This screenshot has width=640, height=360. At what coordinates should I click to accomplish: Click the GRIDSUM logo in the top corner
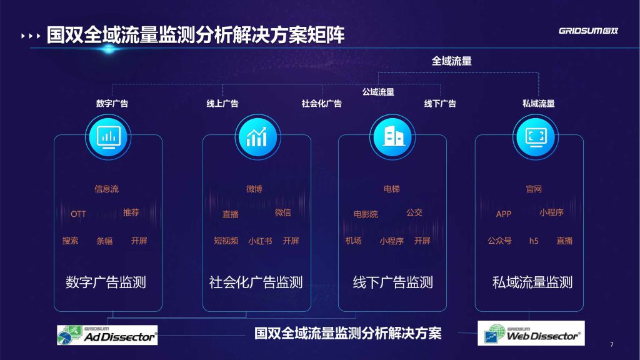coord(588,31)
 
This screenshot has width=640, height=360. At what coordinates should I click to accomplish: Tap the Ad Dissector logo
coord(107,335)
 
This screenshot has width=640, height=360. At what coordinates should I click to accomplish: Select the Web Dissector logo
coord(531,333)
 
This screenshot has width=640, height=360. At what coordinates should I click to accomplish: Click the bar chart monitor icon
coord(108,137)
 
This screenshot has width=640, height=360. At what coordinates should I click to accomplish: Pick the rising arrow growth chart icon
coord(257,137)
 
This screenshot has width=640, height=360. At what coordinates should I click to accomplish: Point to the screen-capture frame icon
coord(536,137)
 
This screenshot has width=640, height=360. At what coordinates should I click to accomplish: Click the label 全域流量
coord(452,61)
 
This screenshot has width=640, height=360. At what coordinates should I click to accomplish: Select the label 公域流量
coord(378,92)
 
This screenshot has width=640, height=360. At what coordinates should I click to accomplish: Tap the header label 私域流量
coord(538,104)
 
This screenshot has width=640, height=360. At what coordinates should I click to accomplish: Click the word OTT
coord(78,214)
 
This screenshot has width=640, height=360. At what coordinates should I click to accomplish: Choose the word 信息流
coord(106,189)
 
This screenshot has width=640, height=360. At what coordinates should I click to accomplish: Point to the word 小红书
coord(260,241)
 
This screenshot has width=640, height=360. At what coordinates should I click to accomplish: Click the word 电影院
coord(366,214)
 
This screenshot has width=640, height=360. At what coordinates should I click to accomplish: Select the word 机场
coord(354,241)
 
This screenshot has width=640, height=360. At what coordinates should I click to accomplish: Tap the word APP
coord(504,214)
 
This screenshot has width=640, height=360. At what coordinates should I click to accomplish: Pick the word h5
coord(534,241)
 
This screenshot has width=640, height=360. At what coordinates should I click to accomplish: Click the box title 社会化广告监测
coord(256,282)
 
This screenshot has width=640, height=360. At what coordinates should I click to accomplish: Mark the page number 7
coord(612,344)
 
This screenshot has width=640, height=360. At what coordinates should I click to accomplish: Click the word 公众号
coord(499,241)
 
